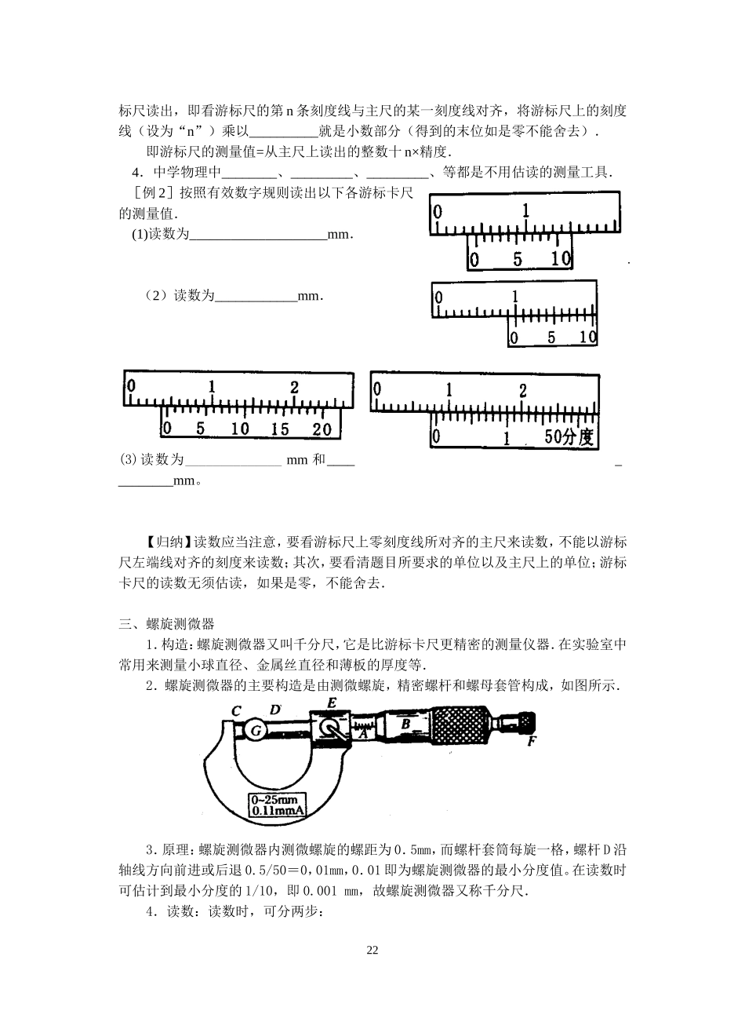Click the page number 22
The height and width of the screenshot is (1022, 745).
point(372,951)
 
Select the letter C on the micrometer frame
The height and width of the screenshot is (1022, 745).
point(235,711)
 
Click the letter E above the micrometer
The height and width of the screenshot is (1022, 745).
point(332,703)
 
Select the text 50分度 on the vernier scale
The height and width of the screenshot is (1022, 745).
point(569,437)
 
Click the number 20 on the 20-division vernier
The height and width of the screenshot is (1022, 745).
point(322,429)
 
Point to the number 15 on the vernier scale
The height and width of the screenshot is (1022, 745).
point(280,429)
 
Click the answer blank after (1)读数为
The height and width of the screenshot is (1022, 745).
point(258,235)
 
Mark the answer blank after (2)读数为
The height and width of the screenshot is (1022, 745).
point(256,296)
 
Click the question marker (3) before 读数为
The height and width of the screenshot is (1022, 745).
point(128,460)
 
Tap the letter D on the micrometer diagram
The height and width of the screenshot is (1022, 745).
point(274,710)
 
